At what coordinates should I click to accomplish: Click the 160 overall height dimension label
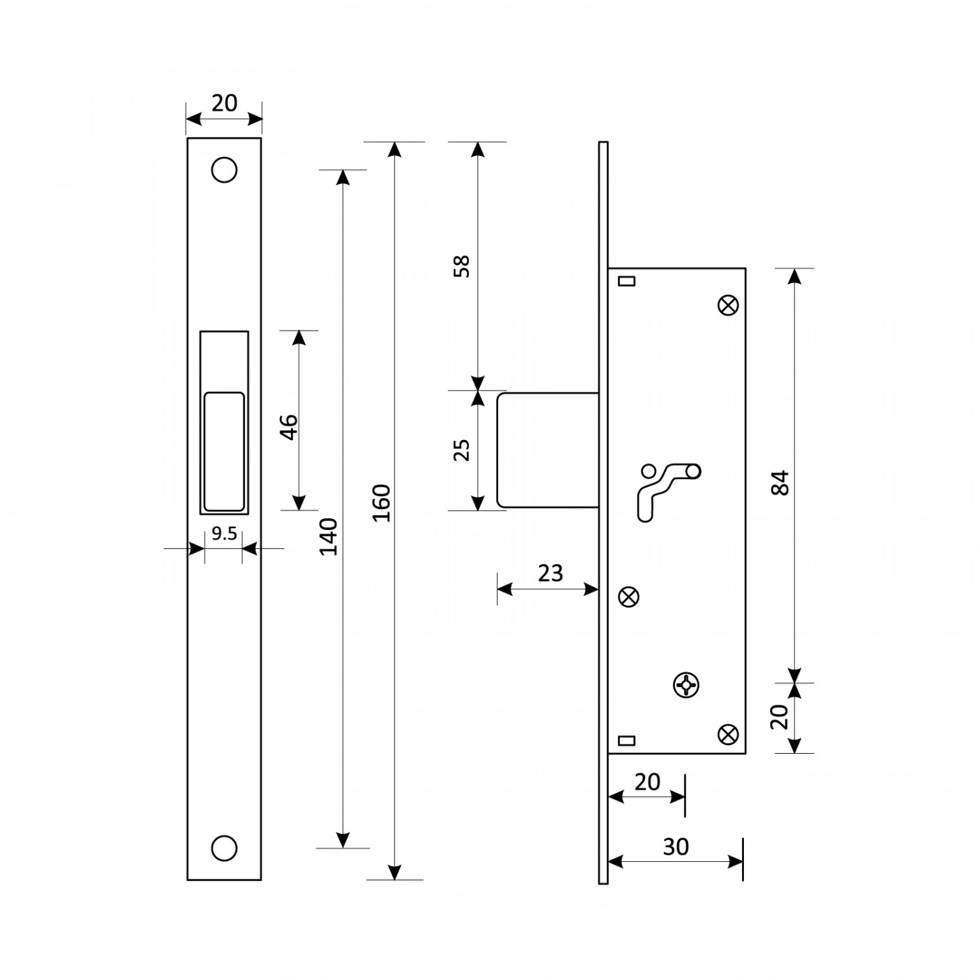point(383,502)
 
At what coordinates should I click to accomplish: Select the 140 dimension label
point(330,536)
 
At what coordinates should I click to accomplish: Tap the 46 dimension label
point(289,427)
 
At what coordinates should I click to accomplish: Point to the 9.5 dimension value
point(224,534)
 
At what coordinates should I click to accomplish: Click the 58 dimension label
point(461,267)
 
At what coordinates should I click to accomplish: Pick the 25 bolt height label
point(461,450)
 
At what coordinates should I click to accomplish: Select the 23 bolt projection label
point(550,572)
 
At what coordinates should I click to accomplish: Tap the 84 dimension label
point(780,482)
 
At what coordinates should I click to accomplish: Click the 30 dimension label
point(675,846)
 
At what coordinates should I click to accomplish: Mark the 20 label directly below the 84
point(780,717)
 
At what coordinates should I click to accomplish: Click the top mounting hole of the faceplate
point(224,170)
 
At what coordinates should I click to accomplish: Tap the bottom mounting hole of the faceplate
point(224,848)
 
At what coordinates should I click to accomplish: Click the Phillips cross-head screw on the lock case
point(685,685)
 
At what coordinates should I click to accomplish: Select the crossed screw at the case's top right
point(728,305)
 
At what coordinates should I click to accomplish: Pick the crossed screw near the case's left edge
point(629,597)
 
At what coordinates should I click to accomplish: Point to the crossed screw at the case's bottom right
point(728,734)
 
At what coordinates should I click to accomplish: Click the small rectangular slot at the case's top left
point(626,280)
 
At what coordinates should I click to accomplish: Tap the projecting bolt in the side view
point(548,450)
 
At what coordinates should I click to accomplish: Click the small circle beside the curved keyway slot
point(648,470)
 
